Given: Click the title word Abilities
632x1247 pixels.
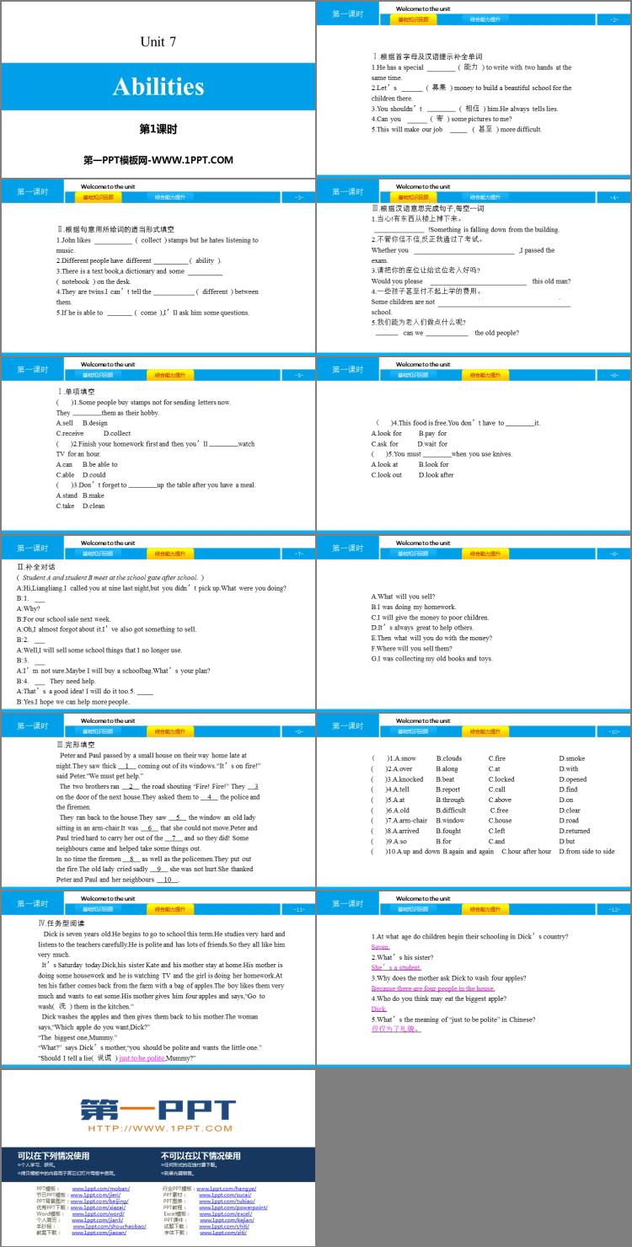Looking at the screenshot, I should (158, 87).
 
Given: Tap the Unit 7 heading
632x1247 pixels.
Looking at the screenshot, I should (158, 41).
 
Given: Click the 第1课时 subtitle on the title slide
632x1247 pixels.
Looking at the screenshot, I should (158, 130).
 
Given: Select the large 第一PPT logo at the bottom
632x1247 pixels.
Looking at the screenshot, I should (158, 1110).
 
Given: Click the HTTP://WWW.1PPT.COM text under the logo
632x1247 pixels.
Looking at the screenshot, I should (158, 1128).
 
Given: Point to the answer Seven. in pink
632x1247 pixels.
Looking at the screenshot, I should (380, 947).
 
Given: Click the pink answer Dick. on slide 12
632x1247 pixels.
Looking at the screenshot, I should (379, 1009).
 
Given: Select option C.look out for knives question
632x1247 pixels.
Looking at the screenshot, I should (387, 474).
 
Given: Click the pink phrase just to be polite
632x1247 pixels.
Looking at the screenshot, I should (142, 1057).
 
